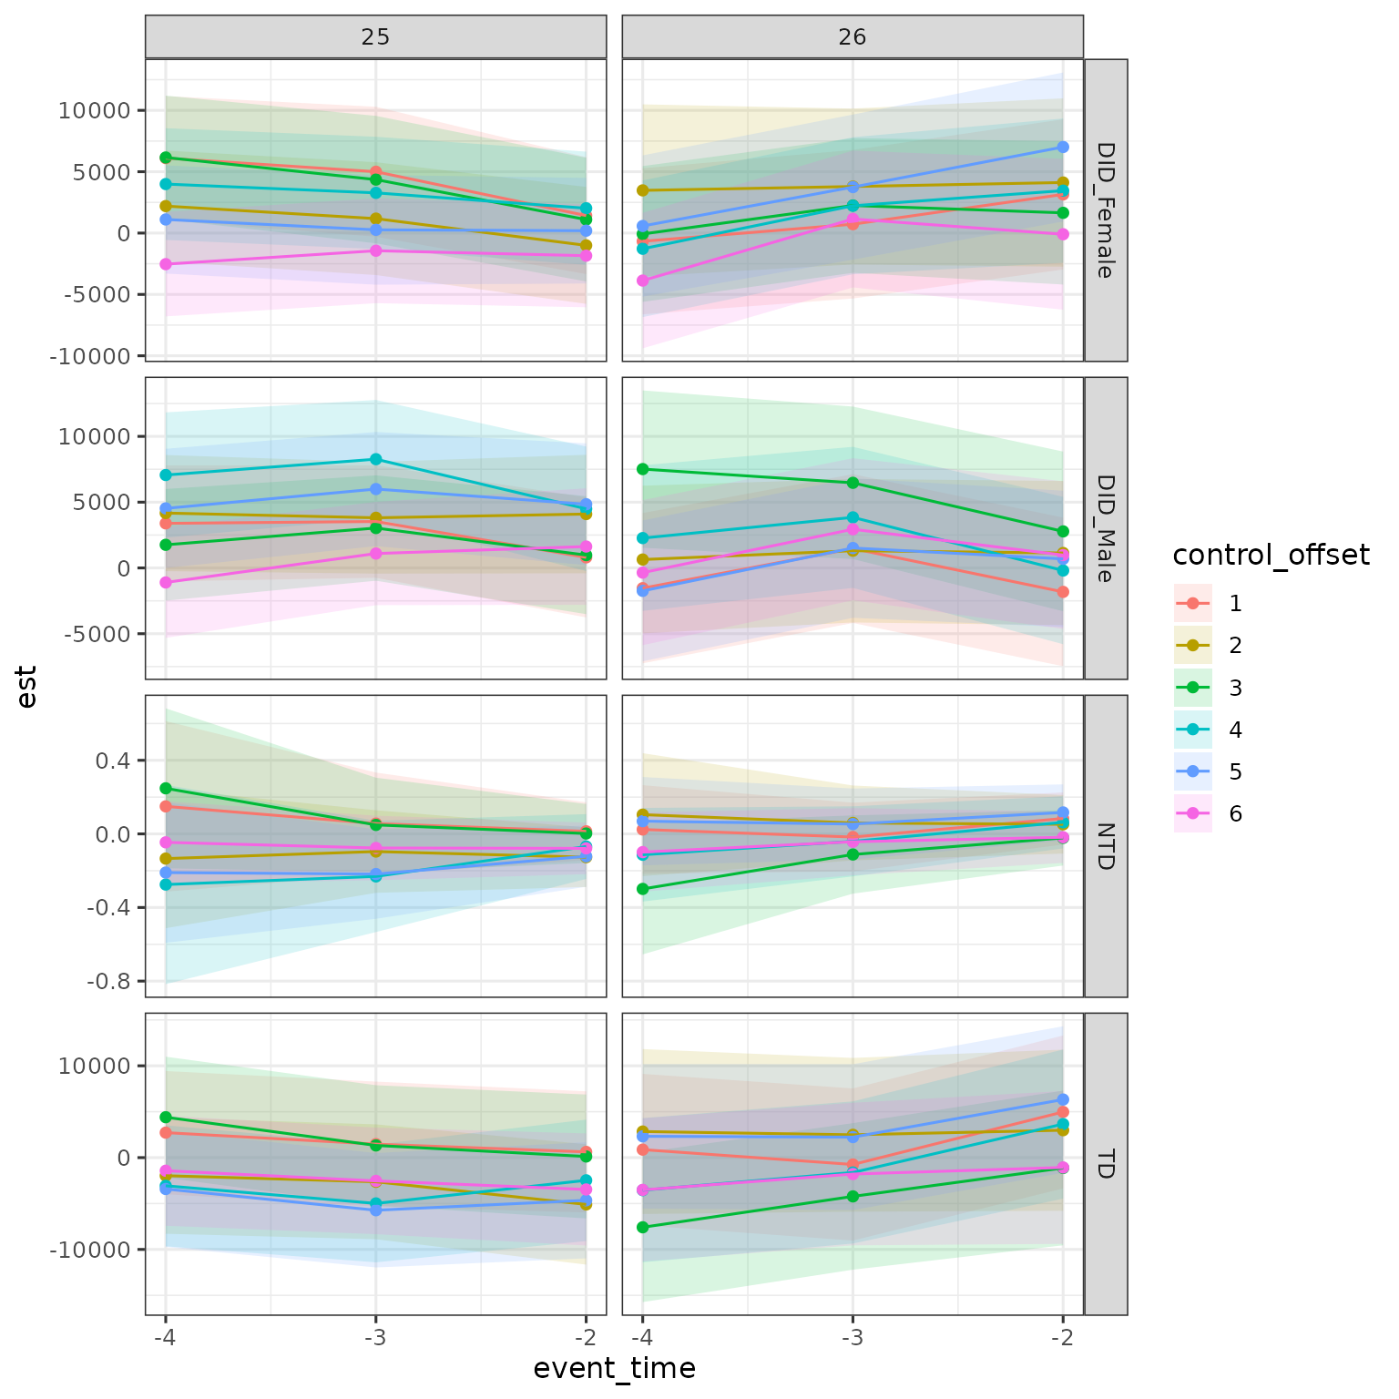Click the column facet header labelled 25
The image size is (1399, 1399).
tap(375, 37)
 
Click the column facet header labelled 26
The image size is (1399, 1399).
tap(853, 37)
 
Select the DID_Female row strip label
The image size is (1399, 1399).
tap(1105, 210)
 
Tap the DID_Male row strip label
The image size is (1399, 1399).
tap(1105, 528)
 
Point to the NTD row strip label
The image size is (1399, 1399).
tap(1105, 846)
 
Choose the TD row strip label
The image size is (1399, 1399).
tap(1105, 1164)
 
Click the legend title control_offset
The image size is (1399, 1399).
tap(1271, 556)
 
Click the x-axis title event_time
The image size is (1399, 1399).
tap(614, 1368)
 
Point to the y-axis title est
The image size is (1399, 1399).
tap(27, 687)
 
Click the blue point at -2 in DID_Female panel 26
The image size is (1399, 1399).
tap(1062, 147)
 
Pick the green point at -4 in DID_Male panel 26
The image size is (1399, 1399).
tap(642, 469)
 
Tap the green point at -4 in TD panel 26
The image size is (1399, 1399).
tap(642, 1227)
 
